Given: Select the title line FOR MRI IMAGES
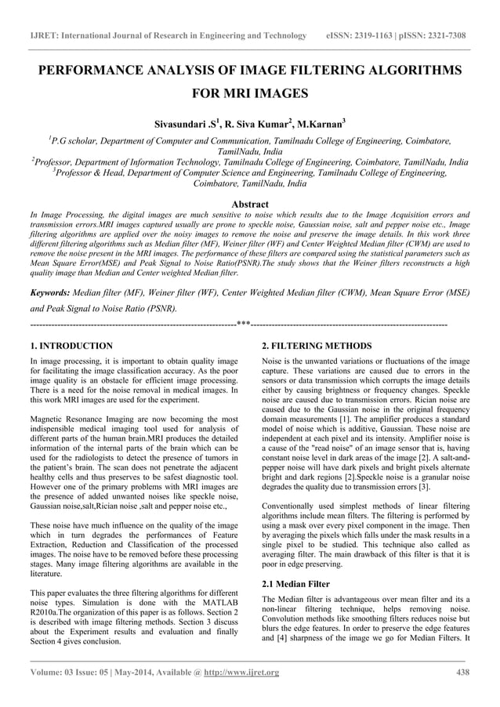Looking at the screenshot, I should coord(249,95).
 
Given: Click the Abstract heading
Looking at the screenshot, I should coord(249,202).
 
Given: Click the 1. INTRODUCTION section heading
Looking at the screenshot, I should coord(71,346).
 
